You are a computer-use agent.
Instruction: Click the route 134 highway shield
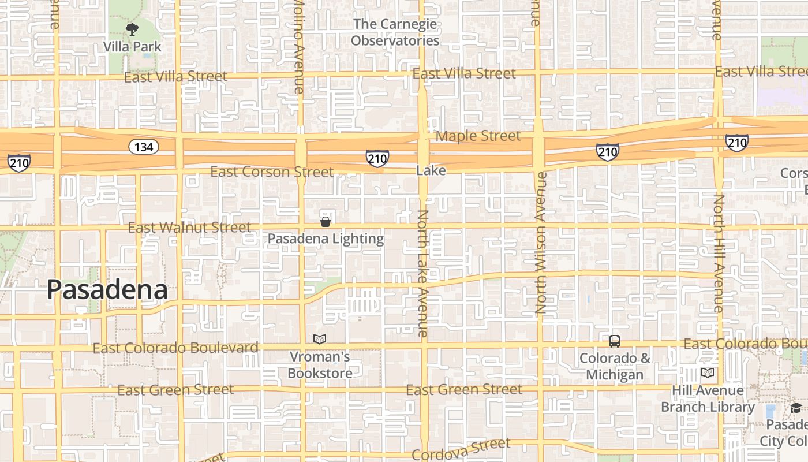click(143, 147)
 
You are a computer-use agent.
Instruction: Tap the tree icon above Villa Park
click(132, 29)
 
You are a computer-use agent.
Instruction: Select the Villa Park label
click(132, 46)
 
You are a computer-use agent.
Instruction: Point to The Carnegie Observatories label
click(395, 32)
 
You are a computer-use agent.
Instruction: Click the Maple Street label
click(478, 136)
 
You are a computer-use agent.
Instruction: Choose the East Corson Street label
click(271, 172)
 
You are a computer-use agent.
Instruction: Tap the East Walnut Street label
click(189, 228)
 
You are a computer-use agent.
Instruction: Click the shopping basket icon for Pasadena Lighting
click(326, 222)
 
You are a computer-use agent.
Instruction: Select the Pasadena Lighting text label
click(326, 239)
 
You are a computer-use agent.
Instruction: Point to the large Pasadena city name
click(107, 289)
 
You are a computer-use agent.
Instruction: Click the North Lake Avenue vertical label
click(423, 273)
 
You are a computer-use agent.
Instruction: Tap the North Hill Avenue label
click(719, 253)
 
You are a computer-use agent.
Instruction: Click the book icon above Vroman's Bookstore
click(319, 339)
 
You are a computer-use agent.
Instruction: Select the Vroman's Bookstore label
click(320, 365)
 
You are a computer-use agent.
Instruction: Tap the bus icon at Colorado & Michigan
click(615, 341)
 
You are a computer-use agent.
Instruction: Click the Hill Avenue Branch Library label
click(708, 399)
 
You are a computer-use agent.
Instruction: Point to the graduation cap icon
click(796, 408)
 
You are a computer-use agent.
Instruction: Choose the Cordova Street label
click(461, 449)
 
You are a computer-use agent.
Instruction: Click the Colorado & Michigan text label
click(615, 366)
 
